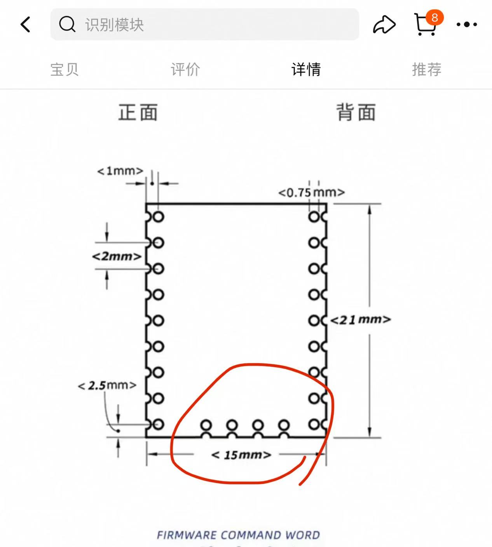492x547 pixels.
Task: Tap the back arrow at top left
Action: coord(26,24)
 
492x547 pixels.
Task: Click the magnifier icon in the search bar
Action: coord(67,24)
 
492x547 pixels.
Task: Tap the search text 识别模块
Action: coord(115,25)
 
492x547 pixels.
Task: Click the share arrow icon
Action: coord(384,24)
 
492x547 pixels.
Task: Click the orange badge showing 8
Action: coord(434,17)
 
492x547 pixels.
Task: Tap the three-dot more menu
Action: coord(467,24)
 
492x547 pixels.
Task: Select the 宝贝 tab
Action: coord(65,70)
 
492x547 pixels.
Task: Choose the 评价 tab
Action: coord(185,70)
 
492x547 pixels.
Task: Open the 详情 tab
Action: coord(306,70)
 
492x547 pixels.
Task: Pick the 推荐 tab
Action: coord(427,70)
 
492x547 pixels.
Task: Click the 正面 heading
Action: coord(138,112)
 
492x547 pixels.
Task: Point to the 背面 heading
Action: coord(356,112)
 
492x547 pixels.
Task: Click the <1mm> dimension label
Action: coord(120,171)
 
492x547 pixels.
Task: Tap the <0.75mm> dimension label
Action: coord(311,192)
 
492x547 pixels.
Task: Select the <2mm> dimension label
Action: coord(117,256)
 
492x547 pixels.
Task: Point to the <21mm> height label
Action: coord(360,320)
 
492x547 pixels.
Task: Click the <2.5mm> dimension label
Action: coord(107,385)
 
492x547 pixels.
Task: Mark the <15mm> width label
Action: coord(241,455)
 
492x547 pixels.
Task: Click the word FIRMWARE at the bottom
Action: coord(187,535)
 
